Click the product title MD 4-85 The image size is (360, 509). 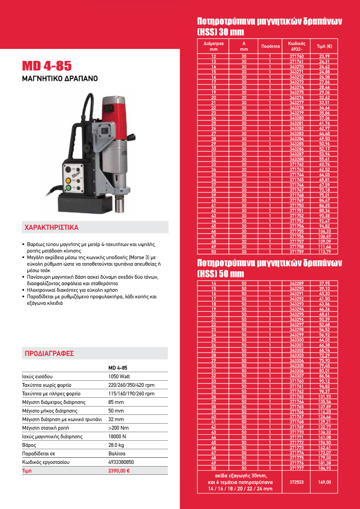[47, 66]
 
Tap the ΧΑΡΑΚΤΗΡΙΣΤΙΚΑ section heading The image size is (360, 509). [51, 228]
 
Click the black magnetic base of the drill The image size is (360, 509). [83, 203]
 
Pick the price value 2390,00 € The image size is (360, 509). [119, 471]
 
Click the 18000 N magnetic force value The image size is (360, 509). [118, 437]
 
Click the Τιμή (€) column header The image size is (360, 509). [324, 46]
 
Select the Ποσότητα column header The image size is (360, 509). [270, 46]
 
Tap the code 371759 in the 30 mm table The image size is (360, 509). [297, 252]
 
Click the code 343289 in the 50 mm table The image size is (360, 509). [297, 283]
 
